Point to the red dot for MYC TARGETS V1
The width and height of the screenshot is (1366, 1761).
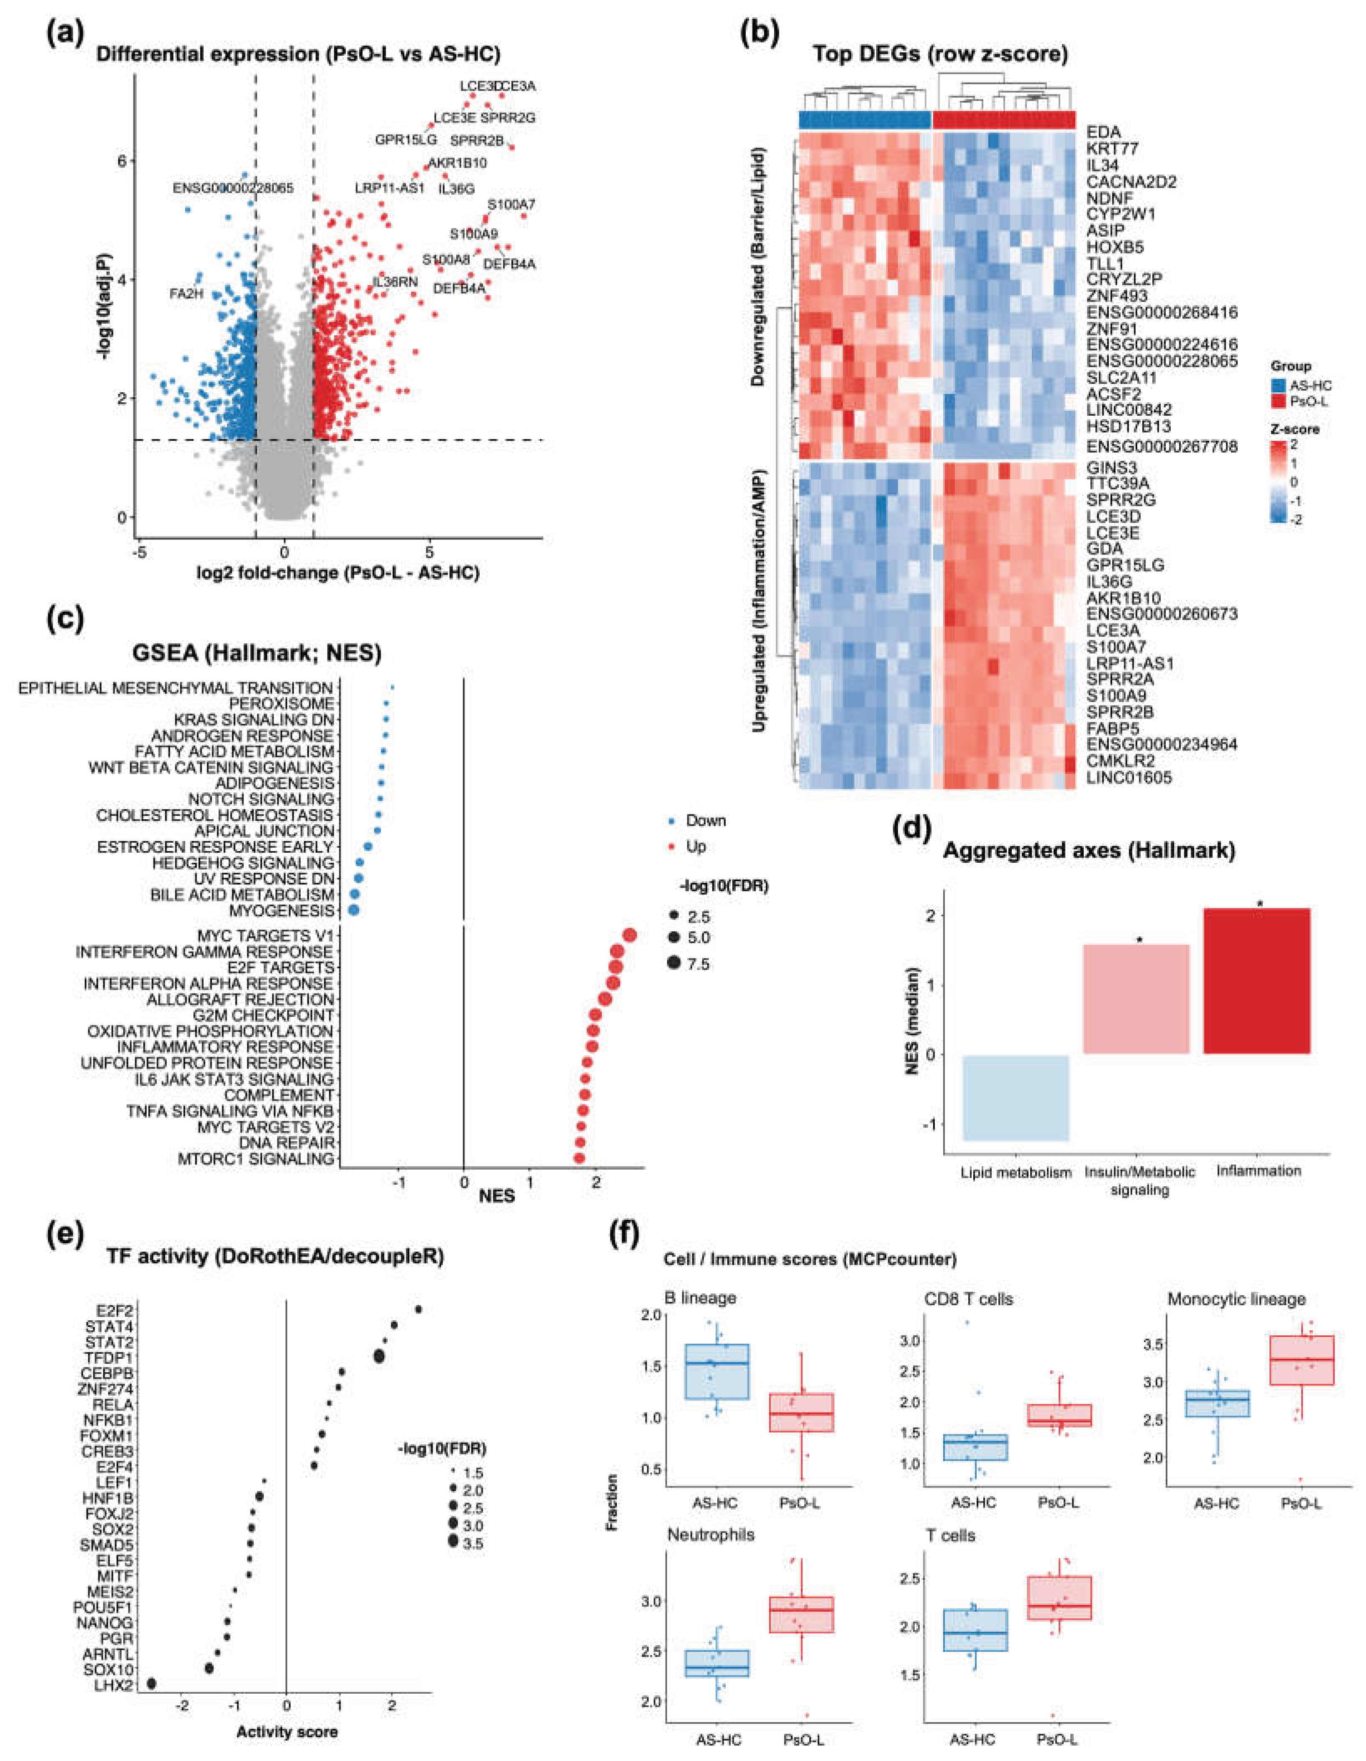(x=630, y=935)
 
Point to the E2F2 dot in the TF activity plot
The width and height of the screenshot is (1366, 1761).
(x=418, y=1309)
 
